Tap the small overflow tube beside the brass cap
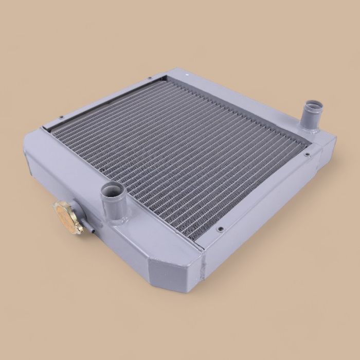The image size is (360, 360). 92,232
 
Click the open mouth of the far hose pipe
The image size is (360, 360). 312,107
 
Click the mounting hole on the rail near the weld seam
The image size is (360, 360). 221,229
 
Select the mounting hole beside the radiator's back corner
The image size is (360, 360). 149,79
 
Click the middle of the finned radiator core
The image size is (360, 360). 180,154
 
